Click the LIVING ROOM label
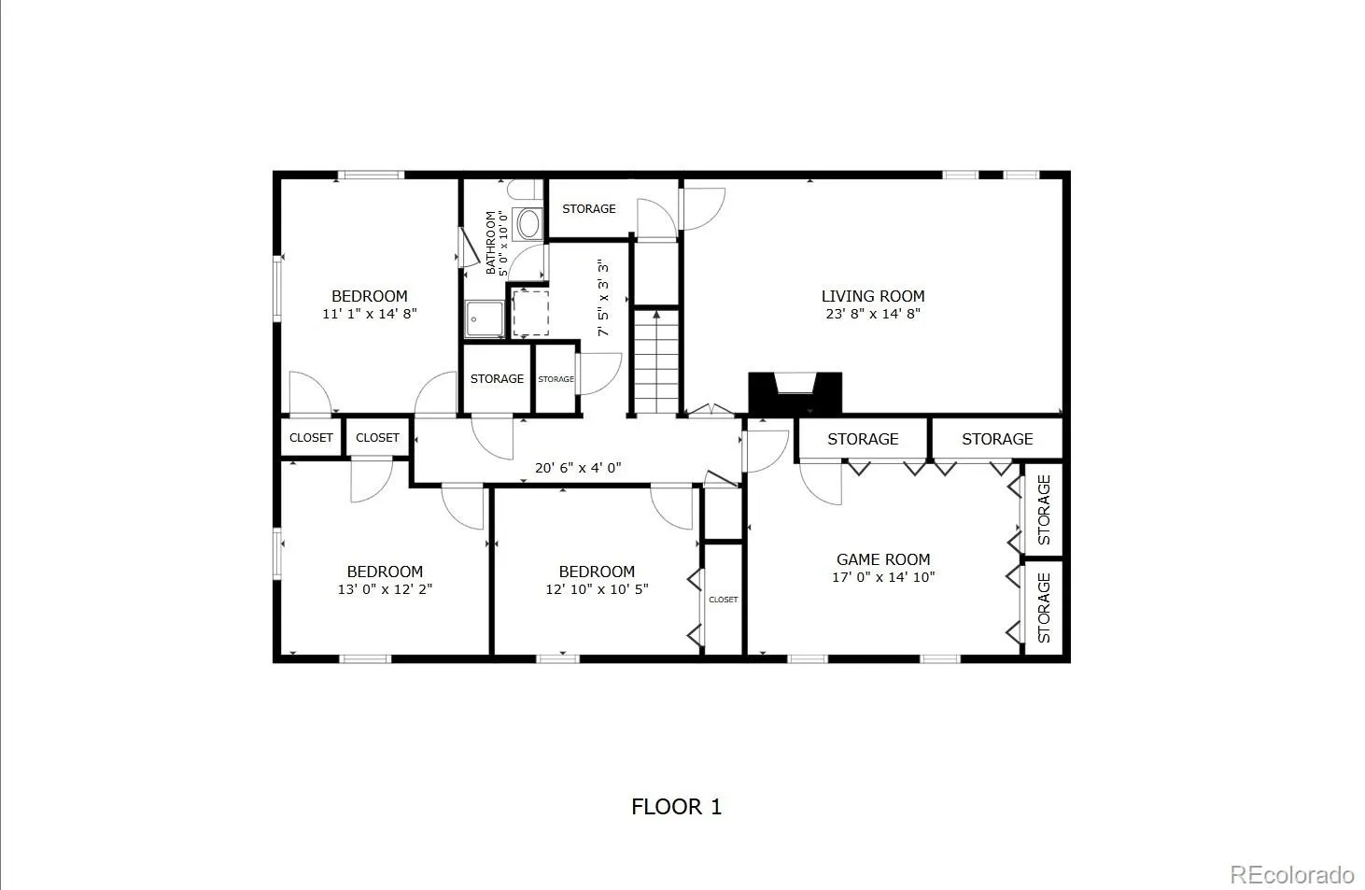click(873, 296)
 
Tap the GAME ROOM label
click(883, 559)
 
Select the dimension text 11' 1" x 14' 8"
click(370, 314)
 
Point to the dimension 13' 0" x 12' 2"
click(385, 589)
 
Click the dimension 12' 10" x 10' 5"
click(597, 589)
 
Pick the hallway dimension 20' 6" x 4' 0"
click(578, 468)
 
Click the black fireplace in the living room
click(795, 394)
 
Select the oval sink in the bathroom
click(528, 224)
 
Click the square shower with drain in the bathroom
click(485, 318)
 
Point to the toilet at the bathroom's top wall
click(524, 190)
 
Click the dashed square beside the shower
click(530, 314)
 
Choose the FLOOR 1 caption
click(676, 807)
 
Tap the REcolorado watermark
click(1292, 875)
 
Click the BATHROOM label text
click(490, 243)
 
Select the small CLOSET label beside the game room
click(724, 600)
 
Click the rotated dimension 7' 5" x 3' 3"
click(602, 298)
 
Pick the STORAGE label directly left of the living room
click(588, 209)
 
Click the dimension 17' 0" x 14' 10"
click(883, 577)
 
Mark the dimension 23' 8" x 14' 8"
click(873, 314)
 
